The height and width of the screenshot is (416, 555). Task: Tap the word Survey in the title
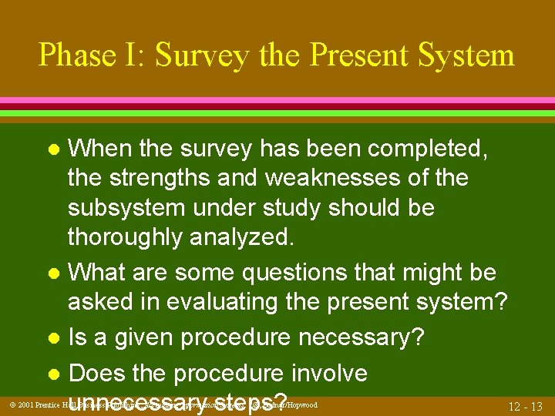(202, 55)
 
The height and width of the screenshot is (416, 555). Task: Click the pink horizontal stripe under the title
(277, 101)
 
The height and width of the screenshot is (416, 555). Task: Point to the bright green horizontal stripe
(277, 112)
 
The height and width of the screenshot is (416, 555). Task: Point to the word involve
(328, 373)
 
